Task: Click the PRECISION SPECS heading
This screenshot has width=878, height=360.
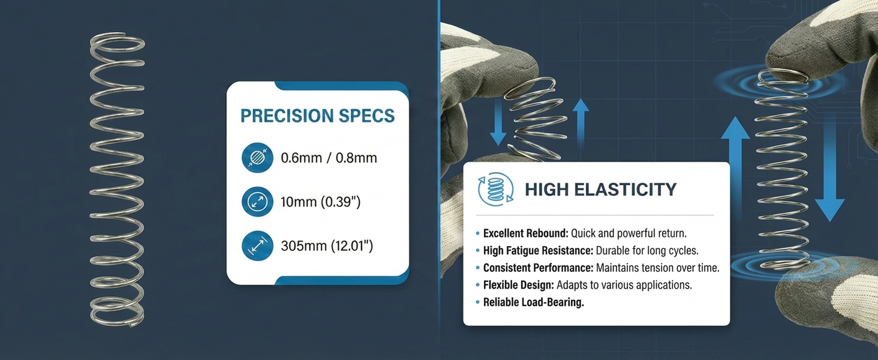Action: pyautogui.click(x=317, y=116)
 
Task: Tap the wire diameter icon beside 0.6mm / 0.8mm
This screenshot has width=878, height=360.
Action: pyautogui.click(x=257, y=158)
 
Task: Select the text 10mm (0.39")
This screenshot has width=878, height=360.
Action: pyautogui.click(x=321, y=202)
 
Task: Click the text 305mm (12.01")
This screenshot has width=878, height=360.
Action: pyautogui.click(x=327, y=246)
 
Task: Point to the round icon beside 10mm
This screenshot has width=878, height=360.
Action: pyautogui.click(x=257, y=202)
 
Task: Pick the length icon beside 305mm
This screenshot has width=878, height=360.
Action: pyautogui.click(x=257, y=246)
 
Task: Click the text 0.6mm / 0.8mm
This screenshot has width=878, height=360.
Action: pyautogui.click(x=329, y=158)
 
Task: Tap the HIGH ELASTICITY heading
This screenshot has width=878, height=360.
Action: pyautogui.click(x=601, y=190)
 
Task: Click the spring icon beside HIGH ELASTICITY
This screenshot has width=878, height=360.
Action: pyautogui.click(x=496, y=189)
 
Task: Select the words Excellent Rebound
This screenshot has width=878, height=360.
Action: pyautogui.click(x=525, y=233)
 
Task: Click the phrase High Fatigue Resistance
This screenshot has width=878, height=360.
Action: pyautogui.click(x=538, y=251)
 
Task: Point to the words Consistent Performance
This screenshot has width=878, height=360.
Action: pyautogui.click(x=538, y=268)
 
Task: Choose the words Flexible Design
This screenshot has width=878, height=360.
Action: pyautogui.click(x=518, y=285)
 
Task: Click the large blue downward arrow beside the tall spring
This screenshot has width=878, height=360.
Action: pyautogui.click(x=829, y=168)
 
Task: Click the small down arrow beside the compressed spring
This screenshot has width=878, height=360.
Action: pyautogui.click(x=498, y=122)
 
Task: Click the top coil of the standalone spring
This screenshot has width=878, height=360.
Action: pyautogui.click(x=117, y=43)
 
